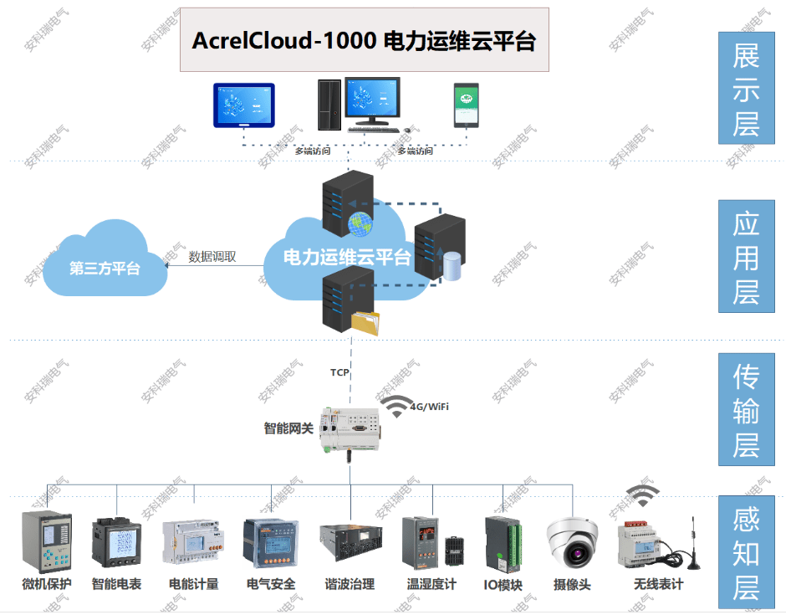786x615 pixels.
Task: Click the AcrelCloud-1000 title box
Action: pos(365,40)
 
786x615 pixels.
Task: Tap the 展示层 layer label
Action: pos(746,89)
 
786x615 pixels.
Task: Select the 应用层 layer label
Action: pos(746,257)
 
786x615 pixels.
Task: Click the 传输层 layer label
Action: pos(746,410)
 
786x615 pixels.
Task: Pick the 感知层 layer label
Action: pos(746,553)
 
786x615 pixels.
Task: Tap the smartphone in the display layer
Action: pos(466,105)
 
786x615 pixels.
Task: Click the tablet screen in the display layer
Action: pos(243,105)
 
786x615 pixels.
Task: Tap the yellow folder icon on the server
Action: pos(365,322)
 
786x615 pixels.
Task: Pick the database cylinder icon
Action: pos(452,266)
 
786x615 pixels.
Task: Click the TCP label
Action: pos(339,372)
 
